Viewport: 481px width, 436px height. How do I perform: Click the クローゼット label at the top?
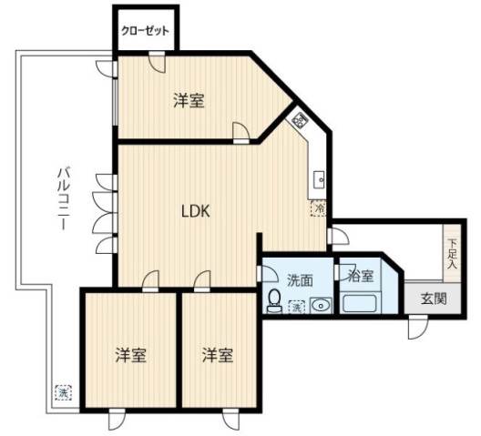pyautogui.click(x=146, y=30)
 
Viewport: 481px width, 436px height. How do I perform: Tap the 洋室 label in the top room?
pyautogui.click(x=189, y=101)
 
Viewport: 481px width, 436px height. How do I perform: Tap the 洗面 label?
pyautogui.click(x=300, y=280)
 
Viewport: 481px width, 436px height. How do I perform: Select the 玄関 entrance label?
pyautogui.click(x=434, y=298)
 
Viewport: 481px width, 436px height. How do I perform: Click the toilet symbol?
pyautogui.click(x=273, y=301)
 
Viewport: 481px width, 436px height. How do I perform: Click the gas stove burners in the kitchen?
pyautogui.click(x=299, y=119)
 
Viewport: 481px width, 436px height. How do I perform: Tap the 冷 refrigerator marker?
pyautogui.click(x=320, y=208)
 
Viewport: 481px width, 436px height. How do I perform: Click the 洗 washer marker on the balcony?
pyautogui.click(x=63, y=393)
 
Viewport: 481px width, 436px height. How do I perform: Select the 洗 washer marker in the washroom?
pyautogui.click(x=296, y=308)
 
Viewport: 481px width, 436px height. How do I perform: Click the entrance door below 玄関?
pyautogui.click(x=418, y=325)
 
